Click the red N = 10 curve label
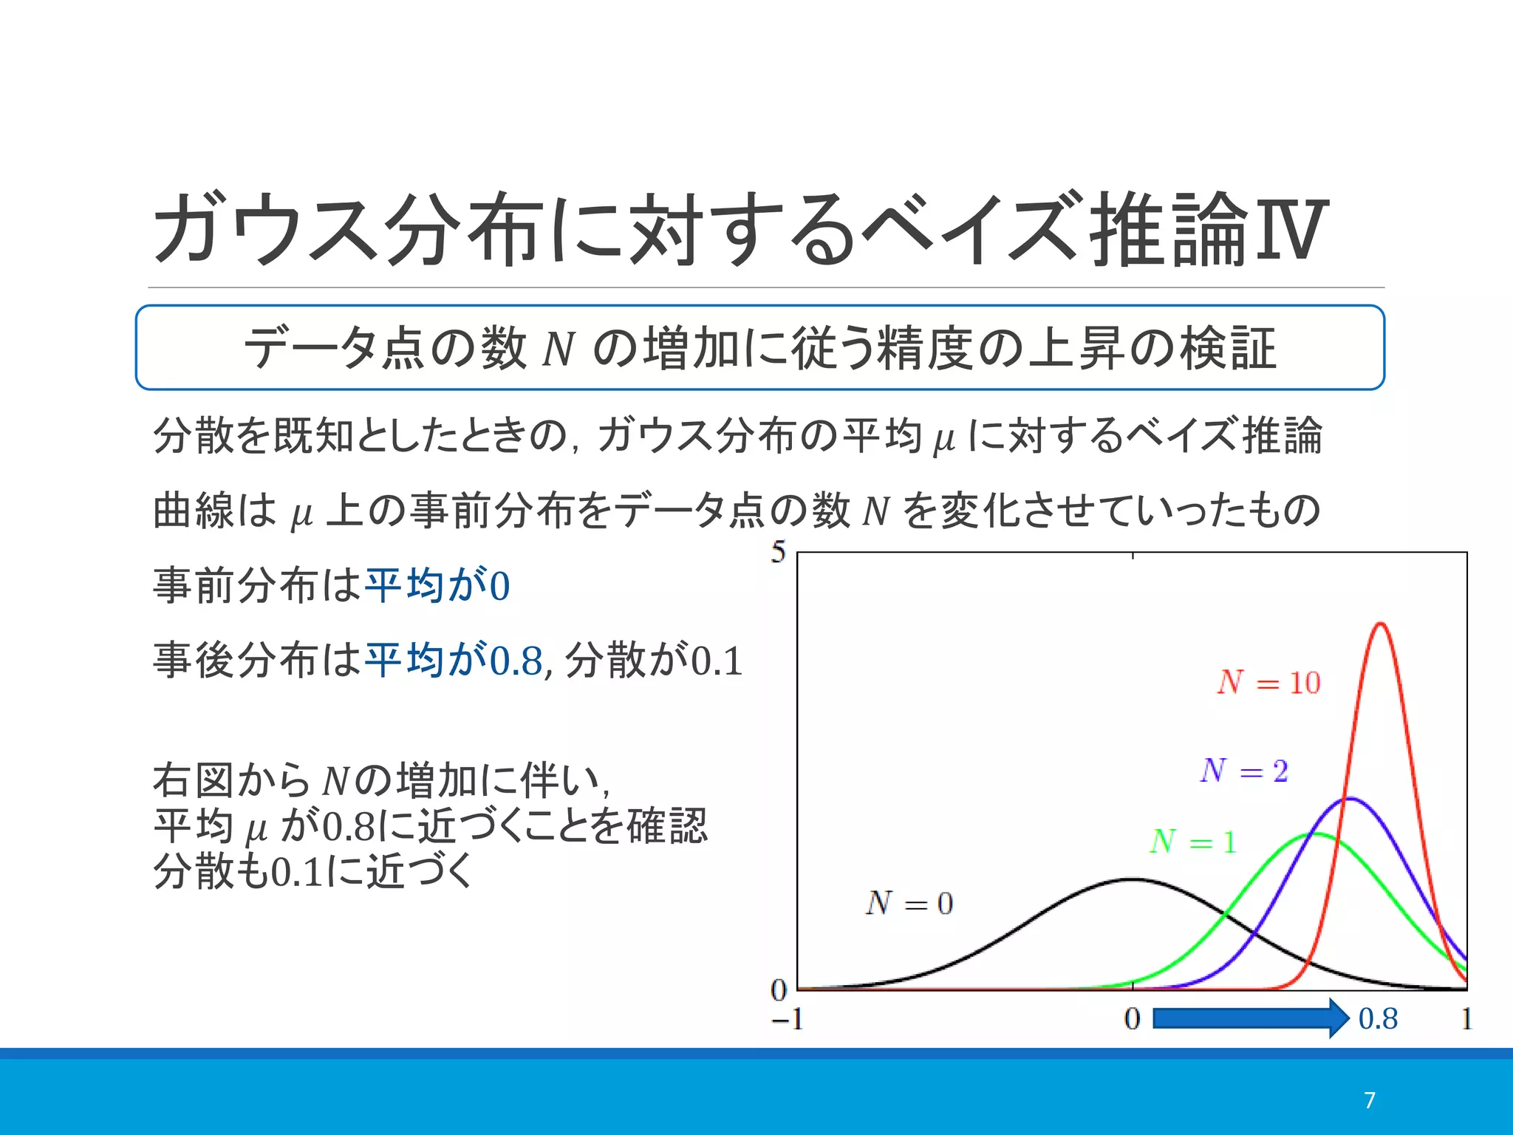coord(1268,682)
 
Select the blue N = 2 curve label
coord(1244,771)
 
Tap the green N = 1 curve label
coord(1193,842)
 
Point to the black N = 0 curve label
coord(909,903)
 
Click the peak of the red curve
coord(1380,624)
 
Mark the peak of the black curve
coord(1132,879)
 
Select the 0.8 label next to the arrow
coord(1378,1019)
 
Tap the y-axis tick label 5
coord(778,552)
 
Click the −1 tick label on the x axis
coord(787,1020)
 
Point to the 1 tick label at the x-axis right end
coord(1466,1020)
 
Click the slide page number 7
coord(1370,1100)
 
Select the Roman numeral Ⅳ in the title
coord(1289,230)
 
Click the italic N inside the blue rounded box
coord(558,349)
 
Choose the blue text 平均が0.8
coord(454,660)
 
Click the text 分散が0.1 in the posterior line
coord(654,660)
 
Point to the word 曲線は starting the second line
coord(214,511)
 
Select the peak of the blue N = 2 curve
coord(1349,799)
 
